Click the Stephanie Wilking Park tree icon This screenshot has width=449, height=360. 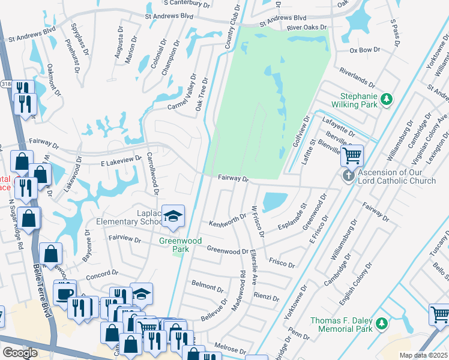388,98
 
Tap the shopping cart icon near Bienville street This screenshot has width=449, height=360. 353,155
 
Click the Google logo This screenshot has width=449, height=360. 20,353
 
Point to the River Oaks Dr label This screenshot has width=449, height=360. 307,28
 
